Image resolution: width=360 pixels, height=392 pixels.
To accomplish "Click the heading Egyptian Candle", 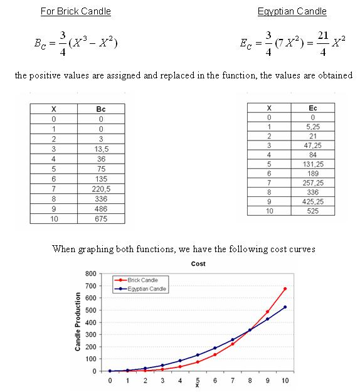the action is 291,11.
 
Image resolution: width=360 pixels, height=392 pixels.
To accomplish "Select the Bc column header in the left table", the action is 101,109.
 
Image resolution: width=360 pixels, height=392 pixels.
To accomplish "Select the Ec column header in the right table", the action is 312,108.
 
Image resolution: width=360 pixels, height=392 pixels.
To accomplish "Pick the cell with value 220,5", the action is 101,188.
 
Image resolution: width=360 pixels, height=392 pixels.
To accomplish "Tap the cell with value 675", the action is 101,219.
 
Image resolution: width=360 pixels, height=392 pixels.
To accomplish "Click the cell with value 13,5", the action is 101,149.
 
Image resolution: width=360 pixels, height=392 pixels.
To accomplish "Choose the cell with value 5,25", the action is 312,126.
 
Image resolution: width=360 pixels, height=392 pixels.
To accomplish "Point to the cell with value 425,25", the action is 312,202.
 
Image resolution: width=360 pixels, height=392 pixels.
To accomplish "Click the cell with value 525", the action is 312,211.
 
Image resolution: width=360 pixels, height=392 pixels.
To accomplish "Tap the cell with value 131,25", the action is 312,164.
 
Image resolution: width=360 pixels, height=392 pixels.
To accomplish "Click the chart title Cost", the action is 198,264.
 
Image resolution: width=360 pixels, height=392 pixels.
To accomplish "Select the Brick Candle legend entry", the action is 140,280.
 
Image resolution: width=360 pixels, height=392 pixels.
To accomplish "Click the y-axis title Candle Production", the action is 78,322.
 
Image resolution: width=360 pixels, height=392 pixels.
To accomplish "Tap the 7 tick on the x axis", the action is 233,380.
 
